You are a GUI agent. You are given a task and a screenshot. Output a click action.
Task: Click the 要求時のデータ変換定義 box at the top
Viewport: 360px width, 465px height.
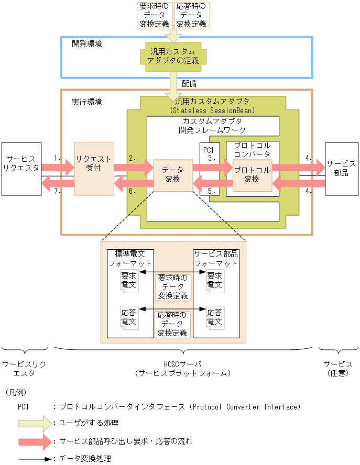[x=154, y=16]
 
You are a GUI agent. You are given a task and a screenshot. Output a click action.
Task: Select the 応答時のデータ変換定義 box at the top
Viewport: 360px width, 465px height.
[x=192, y=16]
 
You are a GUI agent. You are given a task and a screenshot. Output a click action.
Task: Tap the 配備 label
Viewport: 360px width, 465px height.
[x=190, y=83]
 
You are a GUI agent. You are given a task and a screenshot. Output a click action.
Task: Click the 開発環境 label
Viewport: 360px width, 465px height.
[x=86, y=43]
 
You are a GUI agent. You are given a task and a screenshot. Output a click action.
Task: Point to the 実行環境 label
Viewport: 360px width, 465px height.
[x=86, y=102]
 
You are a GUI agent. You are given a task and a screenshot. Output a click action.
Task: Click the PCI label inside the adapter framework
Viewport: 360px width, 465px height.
[x=209, y=149]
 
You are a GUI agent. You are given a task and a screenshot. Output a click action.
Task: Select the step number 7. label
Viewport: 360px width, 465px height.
[x=58, y=191]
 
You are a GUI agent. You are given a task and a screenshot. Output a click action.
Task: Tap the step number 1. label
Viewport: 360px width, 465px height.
[x=58, y=157]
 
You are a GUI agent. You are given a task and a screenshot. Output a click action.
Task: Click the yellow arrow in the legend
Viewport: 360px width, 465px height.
[x=36, y=423]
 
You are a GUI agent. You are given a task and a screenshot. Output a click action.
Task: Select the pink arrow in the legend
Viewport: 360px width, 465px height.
[x=36, y=441]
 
